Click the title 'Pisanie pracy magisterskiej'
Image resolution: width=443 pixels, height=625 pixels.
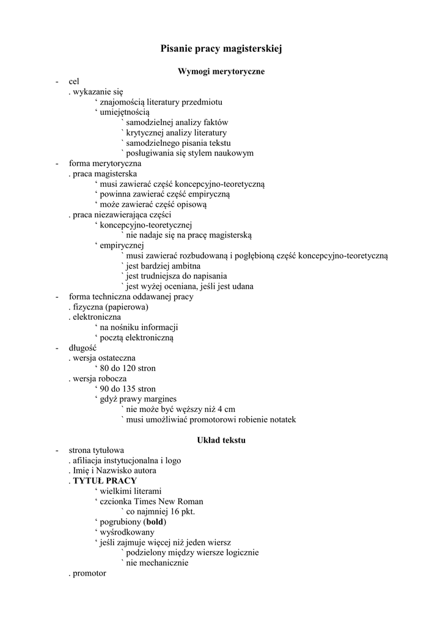[221, 48]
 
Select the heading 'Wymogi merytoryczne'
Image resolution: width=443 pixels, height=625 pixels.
[221, 71]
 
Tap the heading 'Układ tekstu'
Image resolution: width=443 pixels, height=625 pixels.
[221, 439]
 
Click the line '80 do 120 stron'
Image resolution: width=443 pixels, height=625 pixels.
[128, 368]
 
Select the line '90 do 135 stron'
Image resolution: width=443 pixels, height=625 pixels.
[128, 389]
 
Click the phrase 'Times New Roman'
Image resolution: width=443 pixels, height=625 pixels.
[173, 502]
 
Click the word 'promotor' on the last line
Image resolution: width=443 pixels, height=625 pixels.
[89, 574]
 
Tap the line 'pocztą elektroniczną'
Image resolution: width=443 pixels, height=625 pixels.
[137, 338]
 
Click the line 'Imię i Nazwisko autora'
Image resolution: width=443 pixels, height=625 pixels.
[114, 471]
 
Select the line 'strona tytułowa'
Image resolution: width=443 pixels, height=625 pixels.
[97, 450]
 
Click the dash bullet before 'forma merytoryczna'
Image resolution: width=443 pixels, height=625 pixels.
[56, 164]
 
